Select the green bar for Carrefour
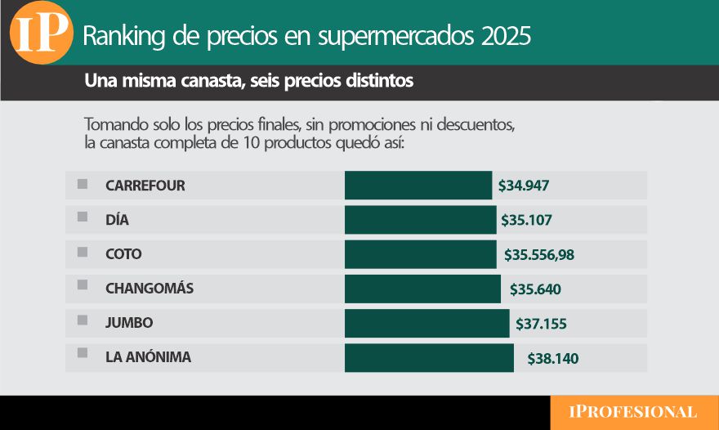coord(418,186)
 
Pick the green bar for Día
coord(420,220)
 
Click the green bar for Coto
coord(420,254)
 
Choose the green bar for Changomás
coord(422,289)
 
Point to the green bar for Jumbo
coord(426,323)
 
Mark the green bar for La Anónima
coord(429,358)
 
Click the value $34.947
coord(524,186)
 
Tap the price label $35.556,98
coord(539,255)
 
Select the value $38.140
coord(553,358)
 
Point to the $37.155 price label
coord(541,324)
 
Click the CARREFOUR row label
coord(145,186)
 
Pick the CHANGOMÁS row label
coord(150,289)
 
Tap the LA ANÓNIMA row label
coord(149,357)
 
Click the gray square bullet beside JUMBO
coord(83,320)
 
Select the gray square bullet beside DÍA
coord(83,217)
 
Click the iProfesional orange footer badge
coord(634,412)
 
